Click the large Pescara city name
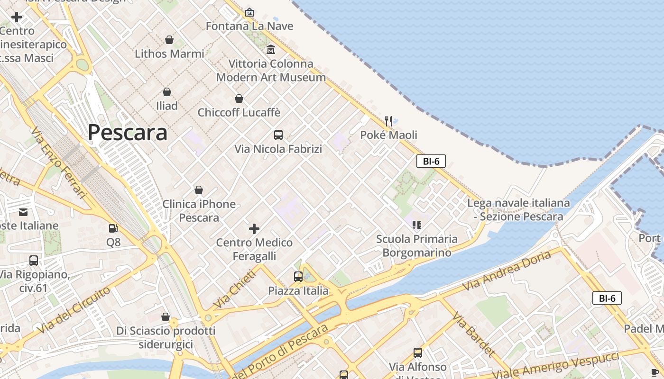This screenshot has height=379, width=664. [127, 133]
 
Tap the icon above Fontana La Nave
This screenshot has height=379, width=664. [249, 12]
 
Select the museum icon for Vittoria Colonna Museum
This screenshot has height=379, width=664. [271, 49]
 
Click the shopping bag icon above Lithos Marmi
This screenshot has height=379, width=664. [169, 40]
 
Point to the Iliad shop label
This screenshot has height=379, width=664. [167, 106]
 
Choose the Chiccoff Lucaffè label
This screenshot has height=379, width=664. [239, 113]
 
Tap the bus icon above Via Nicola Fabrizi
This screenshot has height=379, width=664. [278, 135]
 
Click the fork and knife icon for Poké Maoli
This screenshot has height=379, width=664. [388, 121]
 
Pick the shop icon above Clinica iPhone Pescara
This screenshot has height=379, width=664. [199, 190]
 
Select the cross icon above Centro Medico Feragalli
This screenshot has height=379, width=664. [254, 229]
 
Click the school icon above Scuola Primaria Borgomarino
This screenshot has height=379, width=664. [417, 225]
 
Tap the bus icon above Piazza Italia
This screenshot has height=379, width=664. [298, 277]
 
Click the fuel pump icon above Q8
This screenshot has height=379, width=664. [113, 228]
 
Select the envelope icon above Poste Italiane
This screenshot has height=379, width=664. [23, 212]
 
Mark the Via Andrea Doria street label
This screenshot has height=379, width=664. [507, 270]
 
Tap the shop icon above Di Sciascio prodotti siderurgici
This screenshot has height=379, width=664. [166, 316]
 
